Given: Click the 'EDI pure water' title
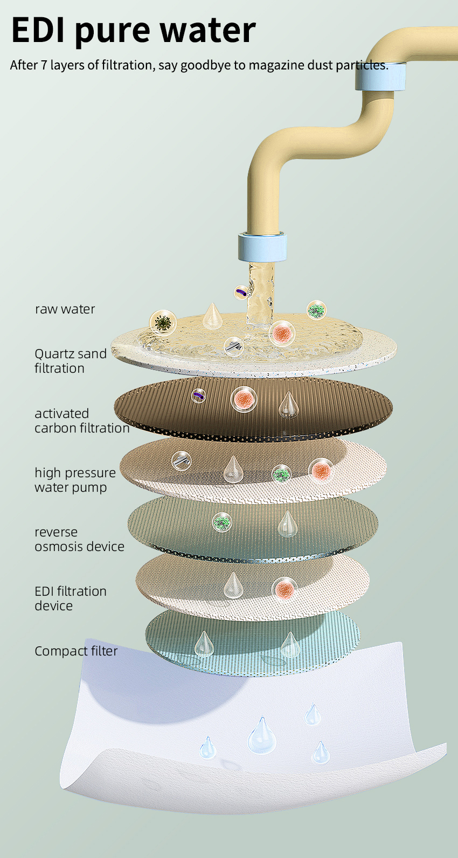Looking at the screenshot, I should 133,30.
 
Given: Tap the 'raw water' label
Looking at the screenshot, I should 65,309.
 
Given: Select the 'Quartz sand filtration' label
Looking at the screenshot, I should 70,361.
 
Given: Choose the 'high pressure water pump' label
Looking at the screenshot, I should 75,480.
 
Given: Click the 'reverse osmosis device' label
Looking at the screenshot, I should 79,539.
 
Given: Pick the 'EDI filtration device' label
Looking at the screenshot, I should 70,598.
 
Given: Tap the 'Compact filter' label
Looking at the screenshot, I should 76,651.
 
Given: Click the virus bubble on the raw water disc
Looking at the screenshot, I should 162,323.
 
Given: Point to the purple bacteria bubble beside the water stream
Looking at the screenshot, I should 241,292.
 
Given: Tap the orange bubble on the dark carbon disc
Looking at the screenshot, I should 244,400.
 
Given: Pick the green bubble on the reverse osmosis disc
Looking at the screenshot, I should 221,521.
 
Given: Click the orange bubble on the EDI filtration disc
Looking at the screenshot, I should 284,589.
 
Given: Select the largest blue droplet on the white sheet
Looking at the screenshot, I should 262,735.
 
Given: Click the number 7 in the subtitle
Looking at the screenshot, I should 44,66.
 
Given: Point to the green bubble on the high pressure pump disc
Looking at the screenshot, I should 281,474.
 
